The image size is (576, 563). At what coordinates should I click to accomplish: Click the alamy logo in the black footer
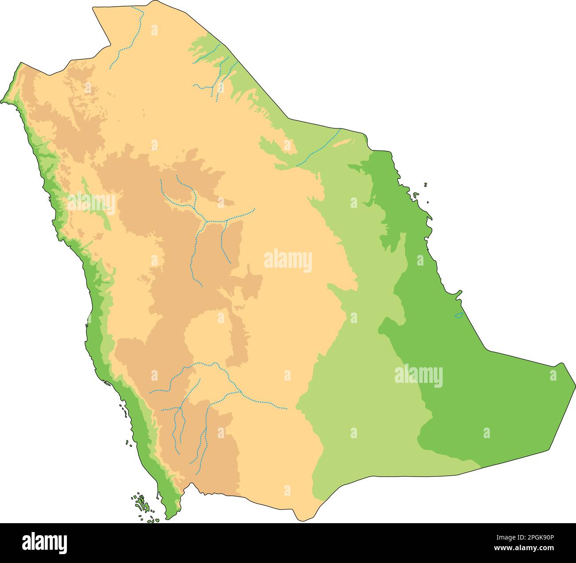(x=44, y=542)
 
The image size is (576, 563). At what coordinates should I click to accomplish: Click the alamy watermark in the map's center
(x=288, y=261)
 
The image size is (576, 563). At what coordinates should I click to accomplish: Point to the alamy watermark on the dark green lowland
(x=418, y=376)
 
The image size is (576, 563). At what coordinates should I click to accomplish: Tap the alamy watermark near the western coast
(x=91, y=203)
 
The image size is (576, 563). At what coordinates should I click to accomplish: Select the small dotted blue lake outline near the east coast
(x=459, y=315)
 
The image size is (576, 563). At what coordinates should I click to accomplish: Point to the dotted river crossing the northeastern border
(x=319, y=148)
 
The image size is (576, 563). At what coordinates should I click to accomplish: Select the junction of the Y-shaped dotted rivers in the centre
(x=205, y=220)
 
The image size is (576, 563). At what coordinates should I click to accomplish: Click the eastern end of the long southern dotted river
(x=286, y=409)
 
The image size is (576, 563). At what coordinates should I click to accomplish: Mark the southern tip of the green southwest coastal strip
(x=169, y=517)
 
